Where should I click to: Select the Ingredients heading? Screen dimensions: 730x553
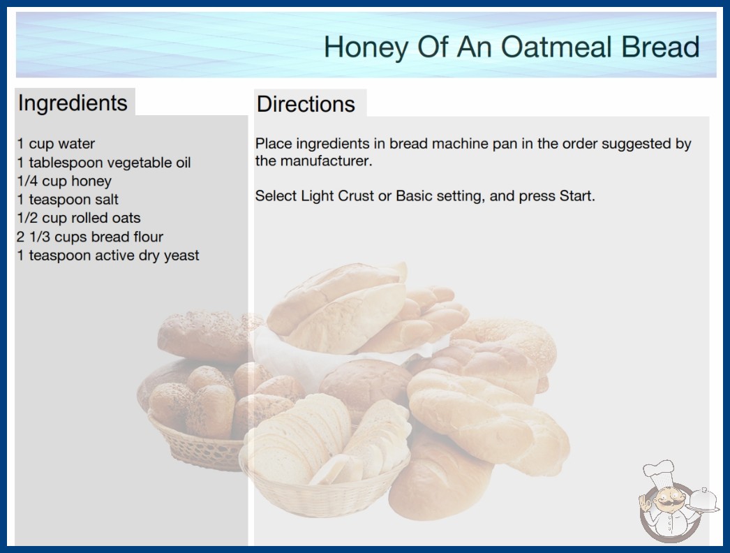coord(73,103)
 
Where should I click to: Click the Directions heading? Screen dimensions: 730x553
coord(306,104)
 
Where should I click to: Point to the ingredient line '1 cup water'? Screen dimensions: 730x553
coord(56,144)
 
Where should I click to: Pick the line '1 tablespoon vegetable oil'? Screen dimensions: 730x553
coord(104,163)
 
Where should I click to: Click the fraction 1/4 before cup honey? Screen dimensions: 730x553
coord(27,181)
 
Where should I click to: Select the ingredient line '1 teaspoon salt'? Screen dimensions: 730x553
coord(68,200)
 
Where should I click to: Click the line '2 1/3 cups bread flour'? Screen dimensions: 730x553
coord(90,237)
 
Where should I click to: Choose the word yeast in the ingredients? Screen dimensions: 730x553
coord(181,256)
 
